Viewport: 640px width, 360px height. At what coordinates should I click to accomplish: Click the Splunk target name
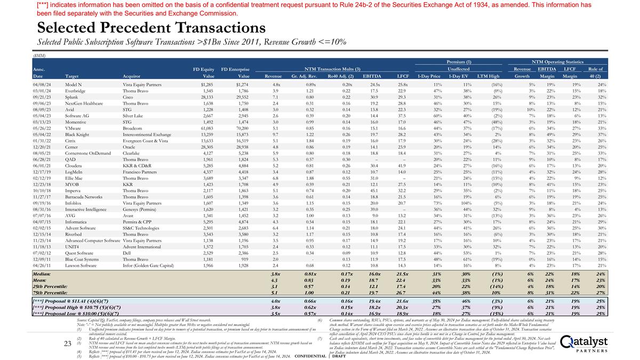(72, 98)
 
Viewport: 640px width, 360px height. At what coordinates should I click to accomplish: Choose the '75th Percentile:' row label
(50, 292)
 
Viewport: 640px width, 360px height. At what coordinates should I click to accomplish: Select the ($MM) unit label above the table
(39, 55)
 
